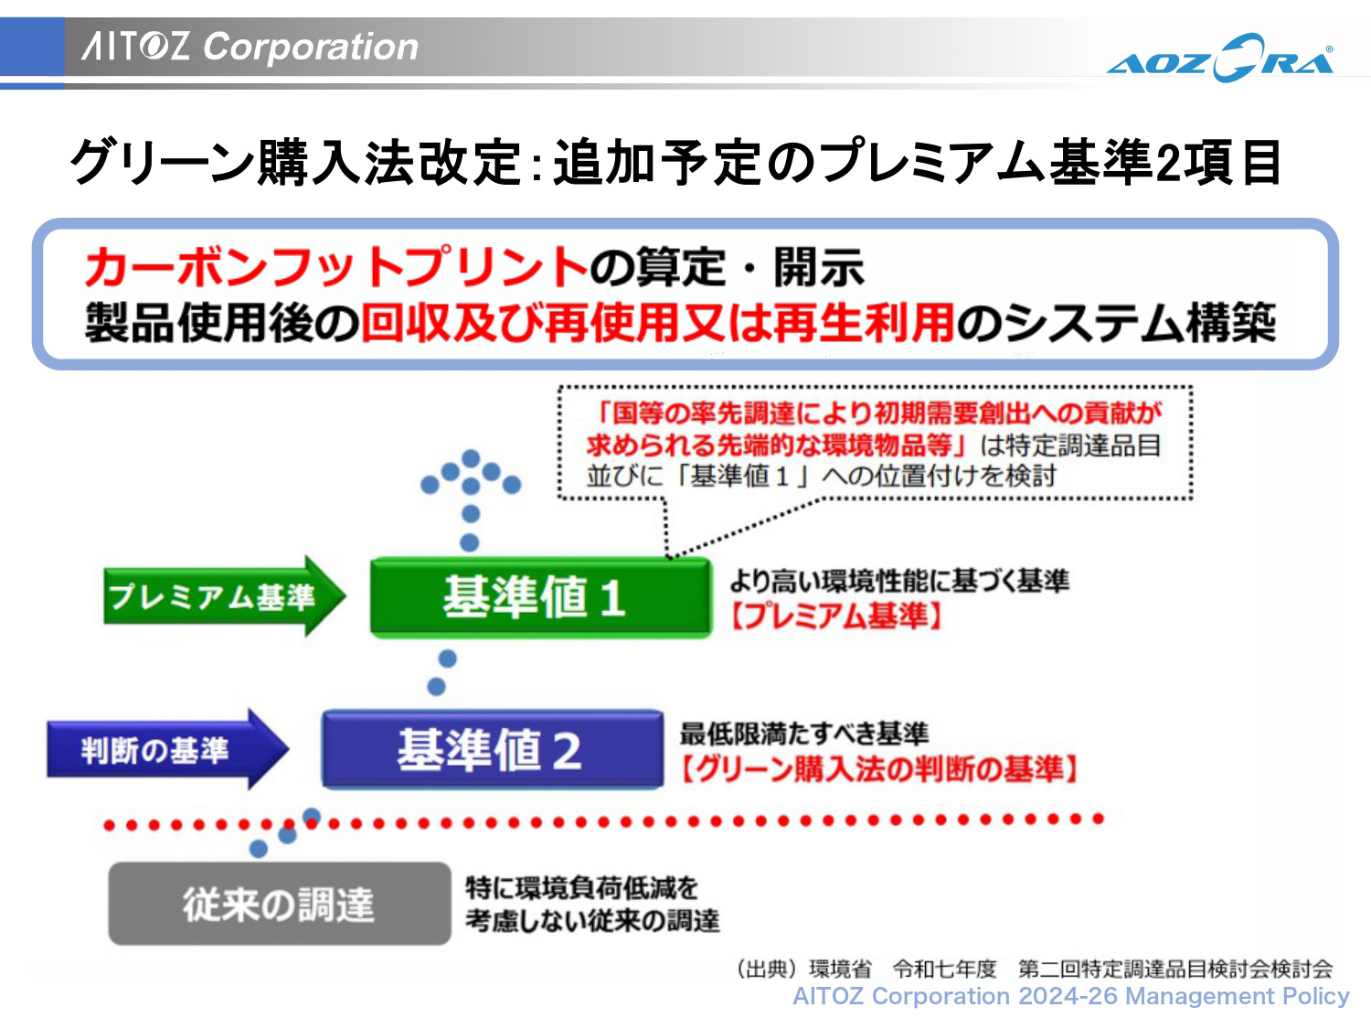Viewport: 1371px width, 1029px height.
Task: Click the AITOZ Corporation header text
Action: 250,46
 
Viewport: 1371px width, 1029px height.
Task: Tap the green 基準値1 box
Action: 539,596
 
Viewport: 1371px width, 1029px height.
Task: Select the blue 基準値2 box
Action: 492,749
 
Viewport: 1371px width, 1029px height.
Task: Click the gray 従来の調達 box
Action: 279,904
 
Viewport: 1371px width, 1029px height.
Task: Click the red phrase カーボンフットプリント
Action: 335,267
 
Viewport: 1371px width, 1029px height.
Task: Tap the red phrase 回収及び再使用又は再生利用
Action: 658,322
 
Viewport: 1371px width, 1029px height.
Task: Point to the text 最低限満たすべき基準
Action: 803,733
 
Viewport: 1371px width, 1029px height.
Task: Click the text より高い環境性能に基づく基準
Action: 899,580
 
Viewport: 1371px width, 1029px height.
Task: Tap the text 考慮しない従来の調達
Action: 592,920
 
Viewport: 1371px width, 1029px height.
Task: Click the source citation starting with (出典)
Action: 1034,968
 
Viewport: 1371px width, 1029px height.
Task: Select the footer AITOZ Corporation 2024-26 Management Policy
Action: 1070,996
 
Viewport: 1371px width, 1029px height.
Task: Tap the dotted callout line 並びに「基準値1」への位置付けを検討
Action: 821,476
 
